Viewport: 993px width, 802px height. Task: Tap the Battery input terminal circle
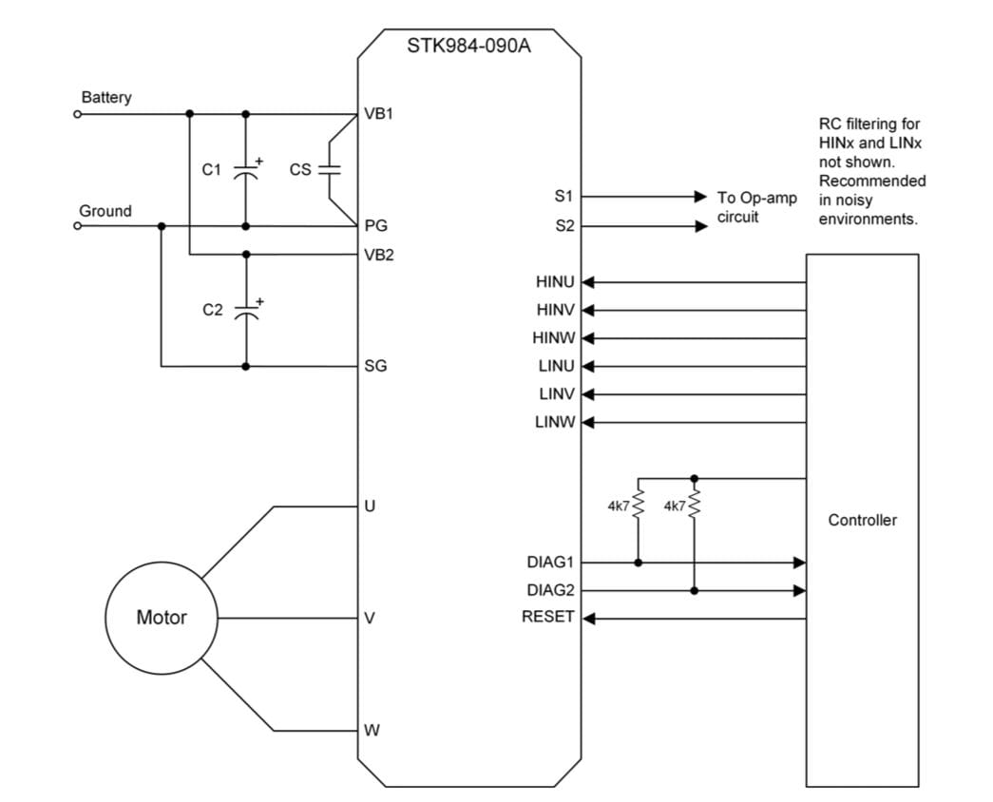click(x=78, y=114)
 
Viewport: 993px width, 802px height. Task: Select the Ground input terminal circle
click(x=78, y=226)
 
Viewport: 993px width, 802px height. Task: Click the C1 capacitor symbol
click(x=246, y=170)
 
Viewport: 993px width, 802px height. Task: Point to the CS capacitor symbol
click(x=330, y=170)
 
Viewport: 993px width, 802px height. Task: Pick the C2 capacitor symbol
click(x=246, y=311)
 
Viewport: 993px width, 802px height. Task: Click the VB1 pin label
click(x=378, y=114)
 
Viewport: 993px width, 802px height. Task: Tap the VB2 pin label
click(x=378, y=255)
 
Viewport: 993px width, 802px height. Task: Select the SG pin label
click(x=375, y=366)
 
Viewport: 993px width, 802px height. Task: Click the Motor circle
click(x=162, y=618)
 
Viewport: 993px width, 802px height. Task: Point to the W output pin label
click(x=372, y=731)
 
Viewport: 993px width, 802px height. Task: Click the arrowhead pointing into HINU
click(x=588, y=282)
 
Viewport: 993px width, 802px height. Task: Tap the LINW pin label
click(x=555, y=422)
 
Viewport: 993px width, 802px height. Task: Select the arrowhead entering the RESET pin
click(x=588, y=619)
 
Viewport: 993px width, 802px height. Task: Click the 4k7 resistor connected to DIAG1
click(x=639, y=506)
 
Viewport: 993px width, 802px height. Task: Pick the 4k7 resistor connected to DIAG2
click(x=695, y=506)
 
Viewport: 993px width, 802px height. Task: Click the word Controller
click(x=862, y=520)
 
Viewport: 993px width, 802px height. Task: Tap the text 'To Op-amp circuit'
click(x=756, y=207)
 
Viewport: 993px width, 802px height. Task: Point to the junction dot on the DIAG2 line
click(x=695, y=590)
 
